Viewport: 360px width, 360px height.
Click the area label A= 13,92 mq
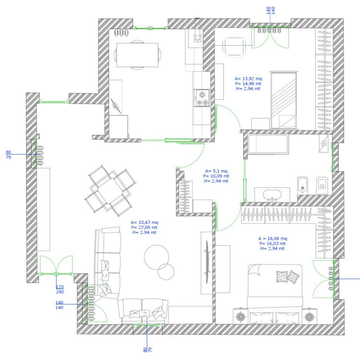[248, 79]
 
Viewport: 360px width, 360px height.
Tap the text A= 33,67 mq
[144, 222]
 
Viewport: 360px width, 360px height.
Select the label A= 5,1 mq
[216, 171]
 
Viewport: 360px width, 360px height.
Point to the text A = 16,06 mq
[273, 238]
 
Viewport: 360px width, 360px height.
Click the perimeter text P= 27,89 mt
[144, 227]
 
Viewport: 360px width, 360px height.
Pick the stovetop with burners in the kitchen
[202, 98]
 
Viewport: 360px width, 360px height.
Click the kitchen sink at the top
[197, 37]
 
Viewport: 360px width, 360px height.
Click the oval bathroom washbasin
[272, 195]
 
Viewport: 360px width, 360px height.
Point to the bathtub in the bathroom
[268, 144]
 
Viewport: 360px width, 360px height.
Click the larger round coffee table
[156, 257]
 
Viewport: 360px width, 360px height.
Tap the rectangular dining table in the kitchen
[137, 55]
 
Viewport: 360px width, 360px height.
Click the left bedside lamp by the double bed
[240, 317]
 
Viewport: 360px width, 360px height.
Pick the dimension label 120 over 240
[60, 289]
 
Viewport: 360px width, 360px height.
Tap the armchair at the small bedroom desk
[234, 47]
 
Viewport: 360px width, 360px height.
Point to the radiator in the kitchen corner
[121, 33]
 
